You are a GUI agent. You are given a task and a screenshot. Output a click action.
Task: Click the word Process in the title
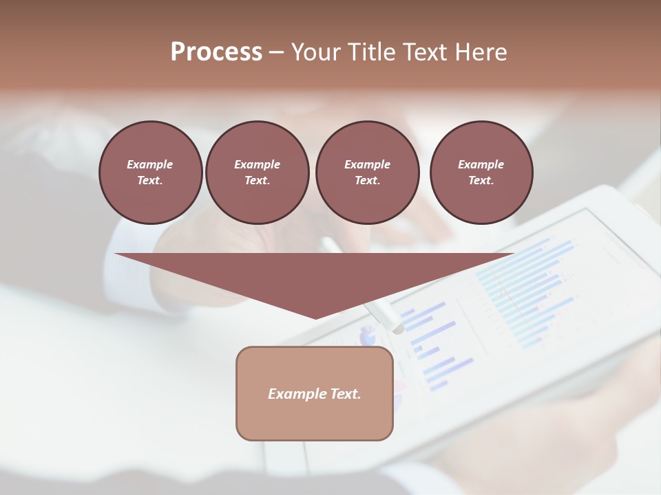tap(216, 52)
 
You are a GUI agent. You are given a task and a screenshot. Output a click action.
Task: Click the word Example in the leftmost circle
tap(150, 164)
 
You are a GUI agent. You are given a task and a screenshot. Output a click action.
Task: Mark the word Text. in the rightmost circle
tap(481, 180)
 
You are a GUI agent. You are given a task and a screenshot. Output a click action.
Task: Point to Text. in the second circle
tap(257, 180)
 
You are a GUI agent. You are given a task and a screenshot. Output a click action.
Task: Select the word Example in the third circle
tap(367, 164)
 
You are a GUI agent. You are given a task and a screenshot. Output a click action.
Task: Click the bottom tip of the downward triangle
tap(315, 318)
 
